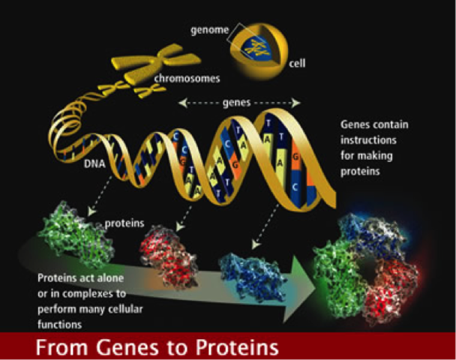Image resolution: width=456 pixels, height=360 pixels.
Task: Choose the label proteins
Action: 120,223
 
